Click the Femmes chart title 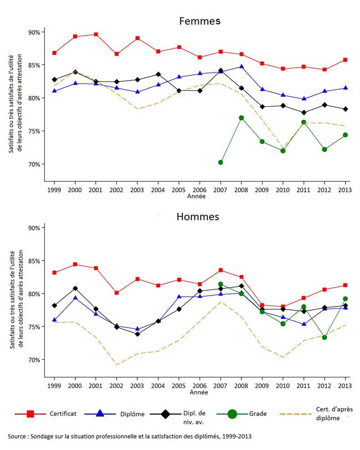tap(200, 21)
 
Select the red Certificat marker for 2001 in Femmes tap(96, 34)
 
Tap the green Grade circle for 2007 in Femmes tap(220, 162)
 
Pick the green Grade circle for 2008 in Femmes tap(241, 118)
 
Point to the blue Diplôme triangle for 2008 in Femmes tap(241, 67)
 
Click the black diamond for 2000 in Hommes tap(75, 288)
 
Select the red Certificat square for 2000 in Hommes tap(75, 265)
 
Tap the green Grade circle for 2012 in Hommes tap(325, 337)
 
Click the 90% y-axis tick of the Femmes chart tap(34, 32)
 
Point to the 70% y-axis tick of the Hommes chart tap(34, 360)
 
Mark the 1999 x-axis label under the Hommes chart tap(54, 385)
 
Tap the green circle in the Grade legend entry tap(233, 413)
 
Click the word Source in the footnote tap(19, 437)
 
